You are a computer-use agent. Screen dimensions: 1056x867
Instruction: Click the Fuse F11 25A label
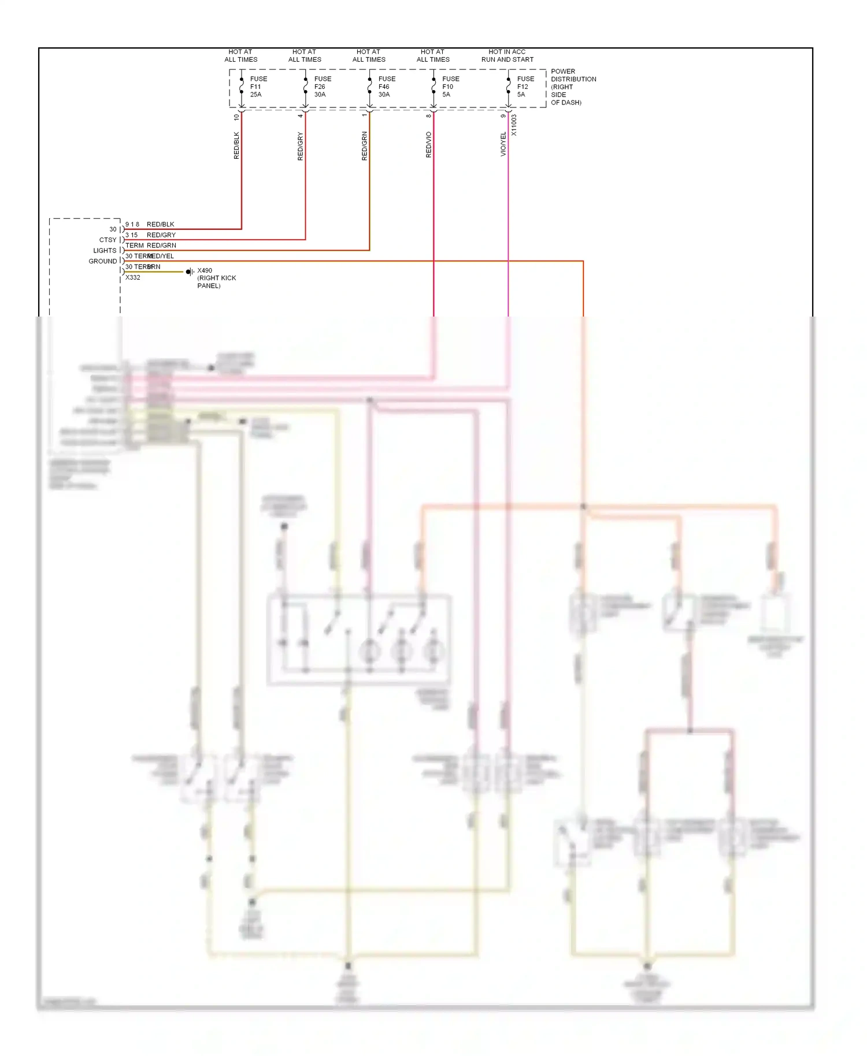coord(258,87)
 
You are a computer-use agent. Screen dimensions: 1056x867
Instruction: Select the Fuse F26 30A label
coord(322,87)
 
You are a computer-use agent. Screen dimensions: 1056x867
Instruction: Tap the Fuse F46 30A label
coord(386,87)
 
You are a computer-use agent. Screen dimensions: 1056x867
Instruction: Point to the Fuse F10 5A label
coord(450,87)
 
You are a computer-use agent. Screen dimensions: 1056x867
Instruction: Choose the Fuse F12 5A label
coord(525,87)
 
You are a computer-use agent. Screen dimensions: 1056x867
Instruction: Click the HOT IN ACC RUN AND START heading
coord(507,55)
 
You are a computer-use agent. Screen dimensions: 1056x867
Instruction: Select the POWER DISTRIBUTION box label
coord(572,87)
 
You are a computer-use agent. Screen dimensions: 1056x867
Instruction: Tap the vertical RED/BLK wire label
coord(236,146)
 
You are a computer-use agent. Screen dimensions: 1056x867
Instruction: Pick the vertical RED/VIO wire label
coord(428,144)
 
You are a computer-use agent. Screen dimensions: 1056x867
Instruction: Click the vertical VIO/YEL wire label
coord(503,144)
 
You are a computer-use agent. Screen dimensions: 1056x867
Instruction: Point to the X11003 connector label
coord(514,125)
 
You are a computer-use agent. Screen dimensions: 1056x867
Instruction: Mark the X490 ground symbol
coord(190,272)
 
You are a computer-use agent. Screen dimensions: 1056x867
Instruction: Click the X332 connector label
coord(133,277)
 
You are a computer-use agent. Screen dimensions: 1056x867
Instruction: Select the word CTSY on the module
coord(108,240)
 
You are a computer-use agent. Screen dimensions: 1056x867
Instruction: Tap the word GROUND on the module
coord(102,261)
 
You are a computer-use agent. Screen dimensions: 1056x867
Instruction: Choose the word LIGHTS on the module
coord(105,251)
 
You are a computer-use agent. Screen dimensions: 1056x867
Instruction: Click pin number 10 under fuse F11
coord(236,117)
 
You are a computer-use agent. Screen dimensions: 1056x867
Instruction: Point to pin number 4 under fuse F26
coord(301,116)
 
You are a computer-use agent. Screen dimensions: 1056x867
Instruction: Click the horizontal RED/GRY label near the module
coord(161,235)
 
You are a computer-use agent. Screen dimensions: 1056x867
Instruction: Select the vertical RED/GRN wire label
coord(364,146)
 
